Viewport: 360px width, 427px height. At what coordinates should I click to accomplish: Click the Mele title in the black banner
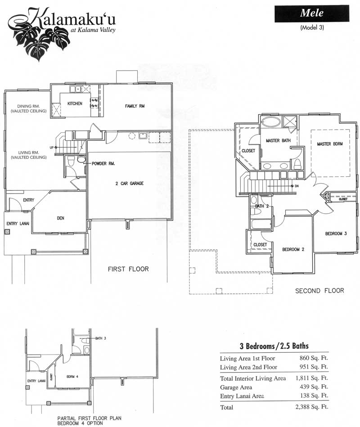click(311, 13)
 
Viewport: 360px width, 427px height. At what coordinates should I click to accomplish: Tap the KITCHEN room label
click(75, 103)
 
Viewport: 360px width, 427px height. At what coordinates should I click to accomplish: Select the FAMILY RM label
click(135, 106)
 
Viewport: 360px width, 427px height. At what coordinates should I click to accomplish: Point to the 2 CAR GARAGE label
click(129, 183)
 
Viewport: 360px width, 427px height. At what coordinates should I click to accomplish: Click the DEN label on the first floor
click(60, 218)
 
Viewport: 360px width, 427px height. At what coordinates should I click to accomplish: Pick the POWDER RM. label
click(103, 164)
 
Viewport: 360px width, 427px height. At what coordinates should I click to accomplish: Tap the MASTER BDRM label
click(330, 144)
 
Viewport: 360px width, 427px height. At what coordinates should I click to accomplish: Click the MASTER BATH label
click(278, 140)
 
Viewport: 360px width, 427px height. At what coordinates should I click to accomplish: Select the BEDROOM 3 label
click(336, 234)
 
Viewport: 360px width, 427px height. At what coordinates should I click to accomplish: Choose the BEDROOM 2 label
click(293, 249)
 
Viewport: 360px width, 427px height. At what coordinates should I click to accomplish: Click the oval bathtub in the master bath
click(270, 121)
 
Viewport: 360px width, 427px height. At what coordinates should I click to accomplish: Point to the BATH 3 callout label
click(100, 338)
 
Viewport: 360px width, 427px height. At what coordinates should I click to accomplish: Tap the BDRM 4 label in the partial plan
click(72, 377)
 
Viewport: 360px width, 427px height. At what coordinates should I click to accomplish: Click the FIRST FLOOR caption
click(128, 269)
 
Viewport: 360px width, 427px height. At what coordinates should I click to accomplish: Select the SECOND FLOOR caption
click(319, 291)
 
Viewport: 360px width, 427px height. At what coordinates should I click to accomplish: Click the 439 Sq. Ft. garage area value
click(314, 387)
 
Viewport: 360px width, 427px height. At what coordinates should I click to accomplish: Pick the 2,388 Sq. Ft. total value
click(312, 407)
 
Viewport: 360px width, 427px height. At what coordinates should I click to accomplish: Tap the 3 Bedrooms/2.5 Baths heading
click(274, 346)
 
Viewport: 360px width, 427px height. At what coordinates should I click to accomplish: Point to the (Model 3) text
click(312, 27)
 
